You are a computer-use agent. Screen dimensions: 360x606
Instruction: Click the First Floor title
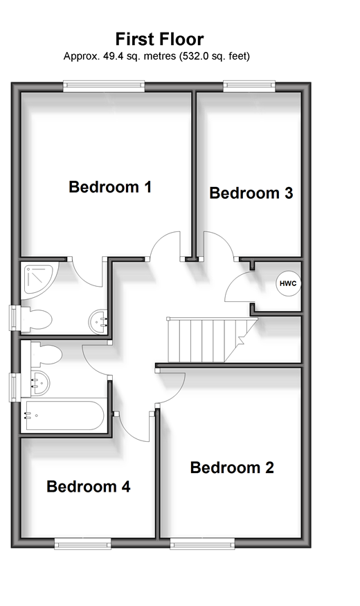(159, 39)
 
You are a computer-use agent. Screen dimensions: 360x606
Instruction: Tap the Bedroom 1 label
(110, 187)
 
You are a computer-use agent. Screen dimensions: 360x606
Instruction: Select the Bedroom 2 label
(232, 467)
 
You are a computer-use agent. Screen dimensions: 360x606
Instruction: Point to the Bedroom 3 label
(251, 193)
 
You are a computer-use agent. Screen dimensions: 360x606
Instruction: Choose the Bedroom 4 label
(89, 486)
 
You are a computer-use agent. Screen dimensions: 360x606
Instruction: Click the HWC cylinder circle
(288, 283)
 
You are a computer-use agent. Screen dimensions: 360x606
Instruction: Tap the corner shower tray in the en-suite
(39, 279)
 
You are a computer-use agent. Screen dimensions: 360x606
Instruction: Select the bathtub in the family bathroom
(64, 416)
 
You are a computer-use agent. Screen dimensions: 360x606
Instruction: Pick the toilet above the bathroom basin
(46, 354)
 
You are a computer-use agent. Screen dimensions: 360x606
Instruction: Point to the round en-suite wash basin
(98, 321)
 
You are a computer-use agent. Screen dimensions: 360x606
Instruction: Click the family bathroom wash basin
(39, 383)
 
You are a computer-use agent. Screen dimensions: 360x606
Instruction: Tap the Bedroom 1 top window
(104, 86)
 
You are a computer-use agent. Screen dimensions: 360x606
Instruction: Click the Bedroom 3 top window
(249, 86)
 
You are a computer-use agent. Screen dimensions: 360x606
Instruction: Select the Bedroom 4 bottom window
(82, 544)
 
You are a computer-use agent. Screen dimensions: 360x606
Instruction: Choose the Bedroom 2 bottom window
(202, 544)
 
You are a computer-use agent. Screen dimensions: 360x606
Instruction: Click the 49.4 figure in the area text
(110, 56)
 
